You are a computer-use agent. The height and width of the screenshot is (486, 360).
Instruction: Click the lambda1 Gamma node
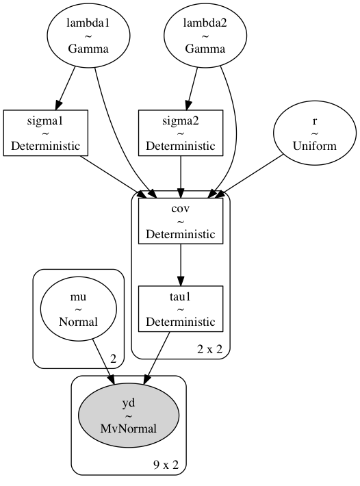tap(88, 36)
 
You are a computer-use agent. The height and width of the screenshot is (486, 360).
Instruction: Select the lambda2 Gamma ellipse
tap(205, 36)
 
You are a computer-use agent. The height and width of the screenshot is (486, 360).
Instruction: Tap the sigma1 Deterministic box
tap(46, 133)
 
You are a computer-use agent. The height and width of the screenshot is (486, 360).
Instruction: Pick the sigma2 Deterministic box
tap(181, 133)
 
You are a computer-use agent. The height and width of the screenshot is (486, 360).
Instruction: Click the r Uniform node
tap(315, 133)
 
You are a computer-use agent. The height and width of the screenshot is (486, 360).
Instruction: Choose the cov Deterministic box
tap(181, 221)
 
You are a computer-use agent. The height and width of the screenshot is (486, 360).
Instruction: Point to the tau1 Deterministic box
tap(181, 309)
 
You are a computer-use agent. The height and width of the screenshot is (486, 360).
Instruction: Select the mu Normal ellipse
tap(79, 309)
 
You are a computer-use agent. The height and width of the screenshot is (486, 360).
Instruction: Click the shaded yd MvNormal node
tap(129, 415)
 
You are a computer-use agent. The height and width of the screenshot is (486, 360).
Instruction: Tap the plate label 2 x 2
tap(209, 350)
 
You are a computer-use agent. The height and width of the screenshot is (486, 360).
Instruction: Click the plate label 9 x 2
tap(166, 465)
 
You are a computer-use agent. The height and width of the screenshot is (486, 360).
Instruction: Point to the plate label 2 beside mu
tap(114, 359)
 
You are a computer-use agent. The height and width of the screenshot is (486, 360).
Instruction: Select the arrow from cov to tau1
tap(181, 265)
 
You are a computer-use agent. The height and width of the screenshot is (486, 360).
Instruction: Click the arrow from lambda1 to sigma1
tap(66, 89)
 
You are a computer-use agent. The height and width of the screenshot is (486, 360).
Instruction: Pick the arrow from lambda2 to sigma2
tap(192, 89)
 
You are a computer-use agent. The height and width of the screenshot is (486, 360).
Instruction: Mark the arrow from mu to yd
tap(103, 362)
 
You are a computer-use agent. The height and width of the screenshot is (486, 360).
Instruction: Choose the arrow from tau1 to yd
tap(157, 359)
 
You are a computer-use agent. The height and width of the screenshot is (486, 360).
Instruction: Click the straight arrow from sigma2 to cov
tap(181, 177)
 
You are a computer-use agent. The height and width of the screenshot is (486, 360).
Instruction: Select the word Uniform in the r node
tap(315, 146)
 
